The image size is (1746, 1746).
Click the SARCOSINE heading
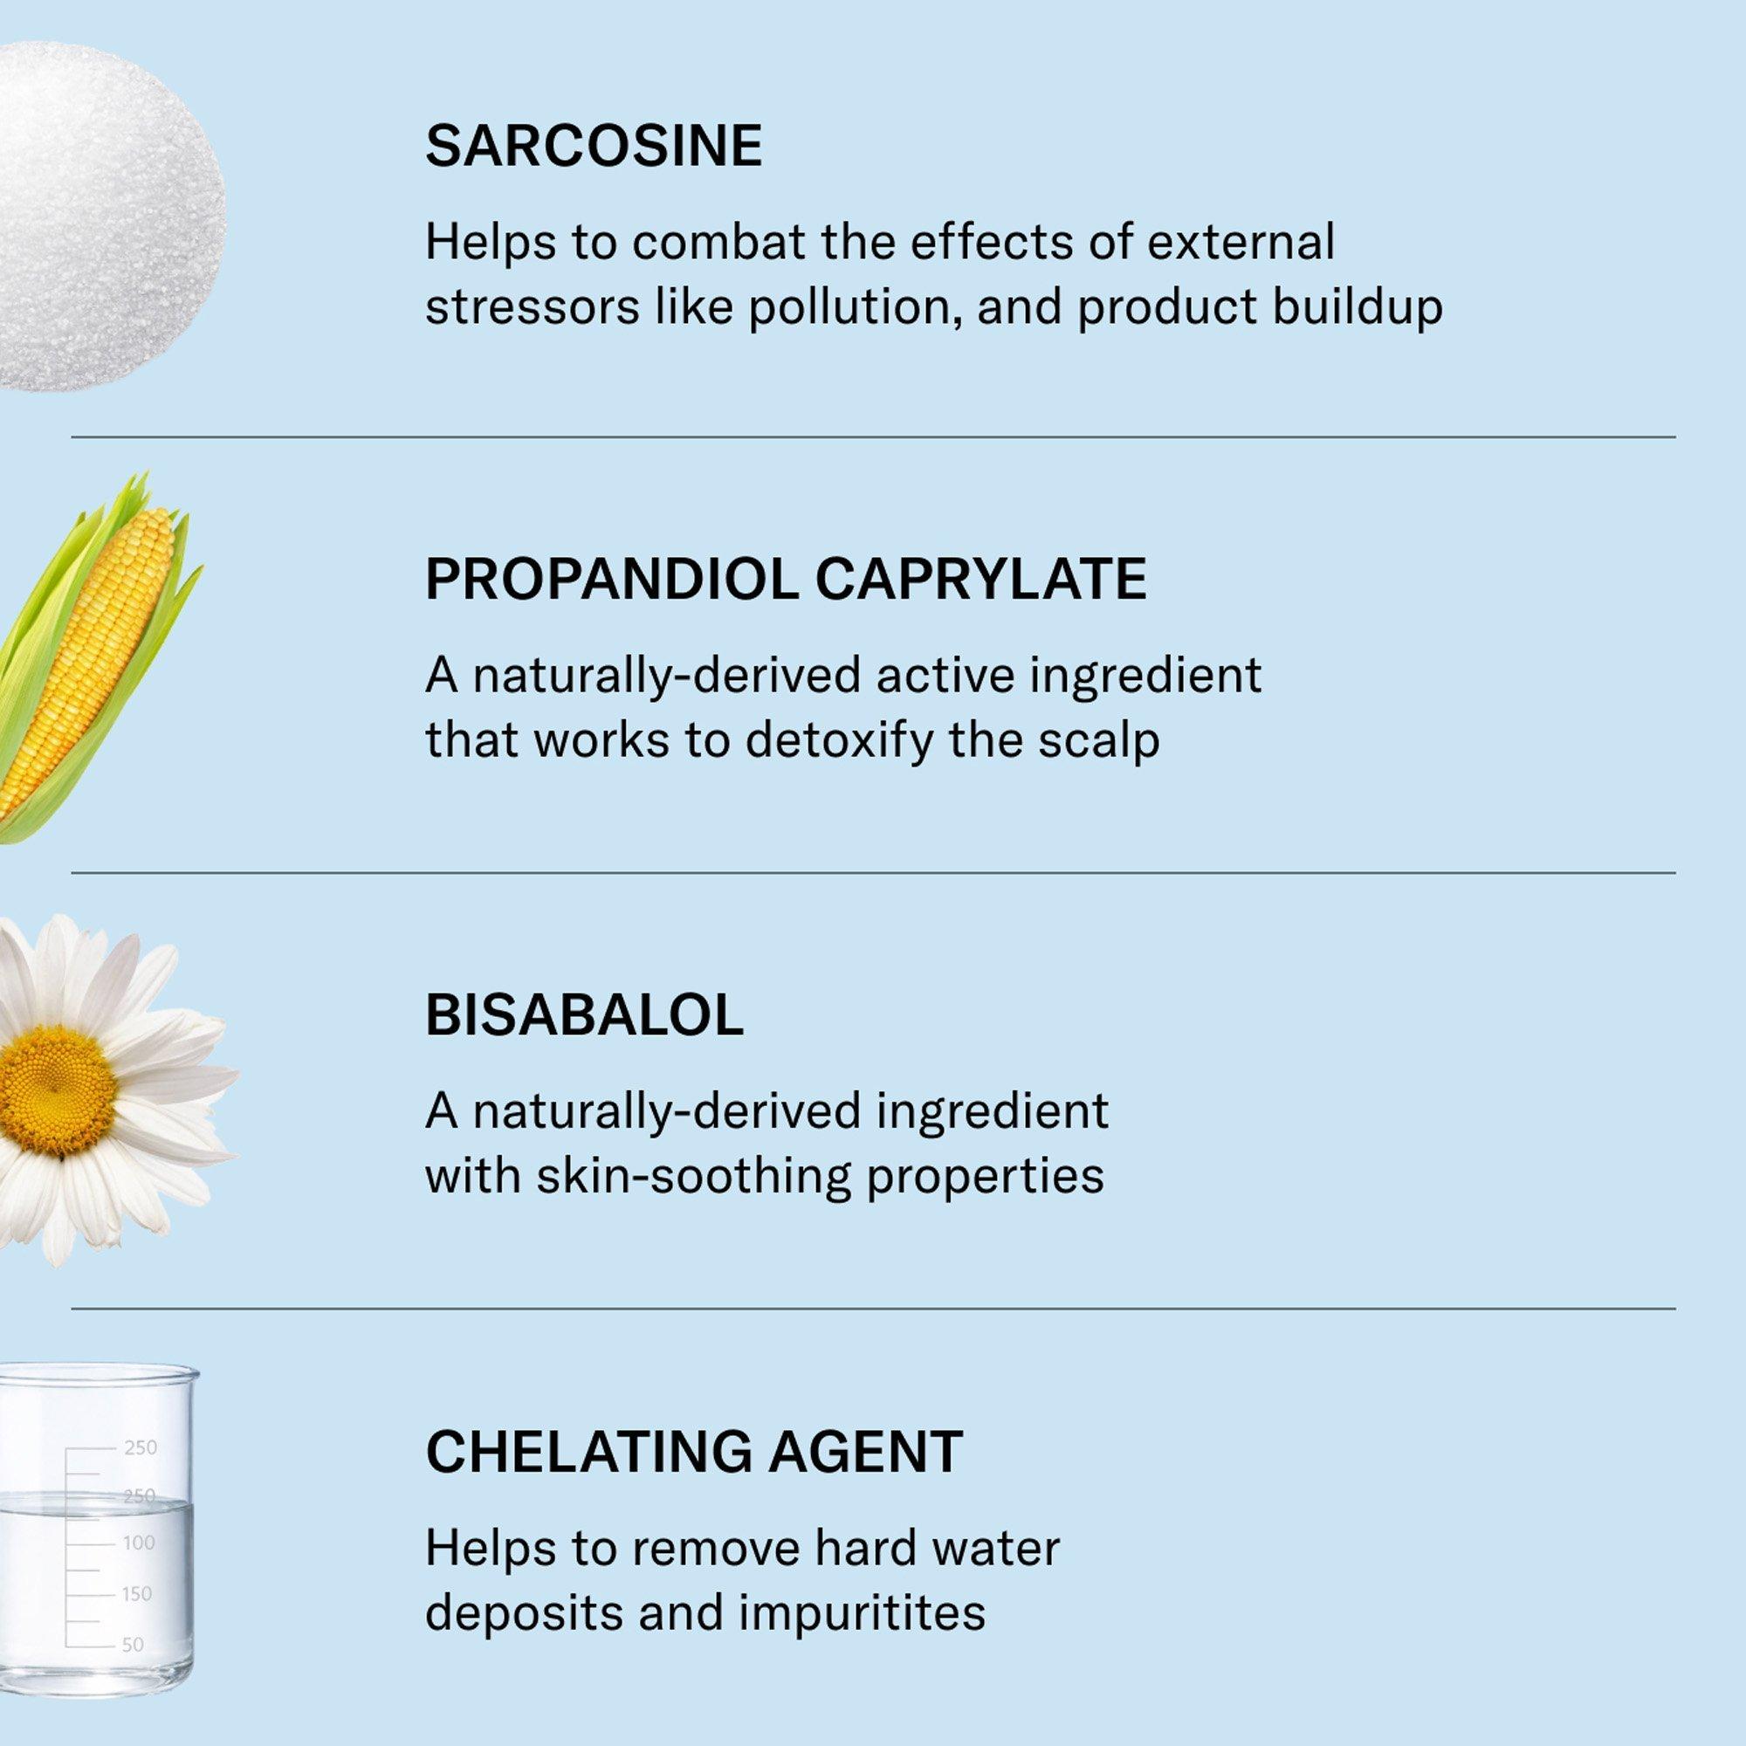point(594,146)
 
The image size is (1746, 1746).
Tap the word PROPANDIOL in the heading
point(612,580)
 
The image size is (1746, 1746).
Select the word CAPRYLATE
point(981,580)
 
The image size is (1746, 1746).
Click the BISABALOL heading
point(585,1016)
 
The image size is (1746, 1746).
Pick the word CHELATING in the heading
point(588,1452)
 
